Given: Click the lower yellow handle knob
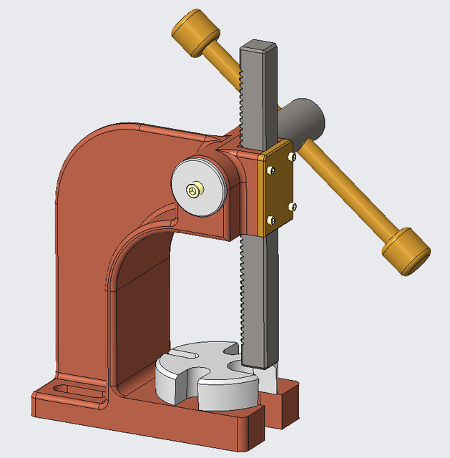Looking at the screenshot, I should click(405, 250).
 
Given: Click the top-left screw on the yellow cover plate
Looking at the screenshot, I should click(272, 170).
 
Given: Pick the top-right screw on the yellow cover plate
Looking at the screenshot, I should click(290, 155).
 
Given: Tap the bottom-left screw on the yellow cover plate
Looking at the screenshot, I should click(270, 219).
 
